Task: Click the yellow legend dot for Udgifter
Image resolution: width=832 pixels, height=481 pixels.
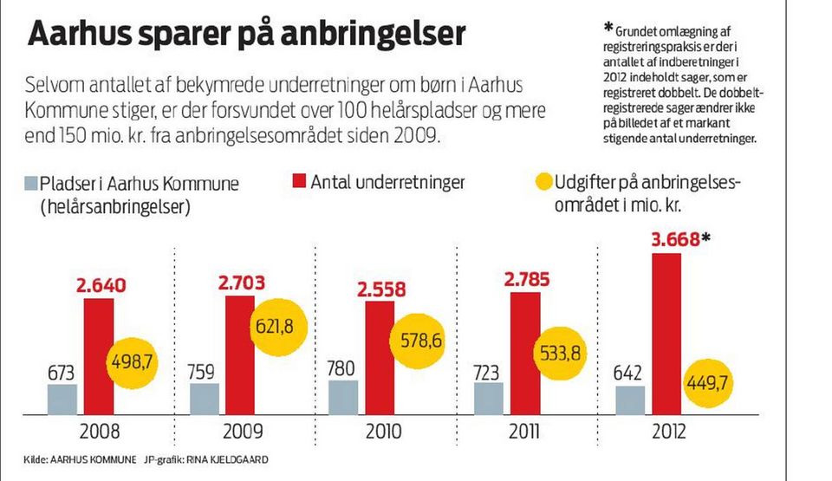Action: [x=543, y=183]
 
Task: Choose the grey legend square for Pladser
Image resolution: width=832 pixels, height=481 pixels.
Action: [x=30, y=183]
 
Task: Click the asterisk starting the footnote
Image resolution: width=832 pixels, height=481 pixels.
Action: [x=608, y=25]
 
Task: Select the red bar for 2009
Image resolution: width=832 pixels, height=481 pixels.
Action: [x=240, y=354]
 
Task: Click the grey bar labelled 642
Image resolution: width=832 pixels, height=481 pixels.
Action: [x=630, y=400]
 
